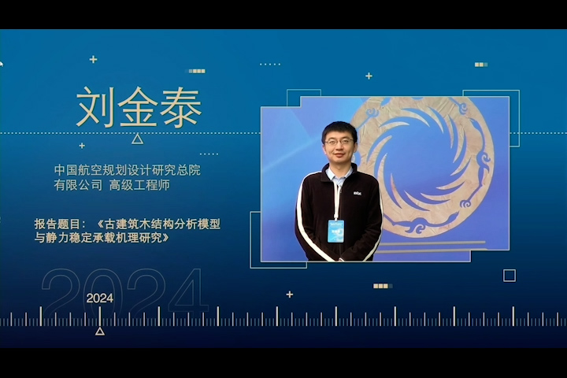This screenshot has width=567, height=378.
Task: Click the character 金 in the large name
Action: coord(138,107)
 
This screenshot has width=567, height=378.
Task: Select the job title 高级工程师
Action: coord(139,185)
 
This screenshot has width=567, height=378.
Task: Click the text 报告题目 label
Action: coord(57,224)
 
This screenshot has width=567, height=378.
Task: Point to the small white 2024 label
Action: coord(100,298)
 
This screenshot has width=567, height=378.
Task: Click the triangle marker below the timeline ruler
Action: coord(100,331)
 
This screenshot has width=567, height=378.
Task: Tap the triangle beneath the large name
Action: coord(137,139)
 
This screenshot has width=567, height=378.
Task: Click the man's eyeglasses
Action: coord(339,142)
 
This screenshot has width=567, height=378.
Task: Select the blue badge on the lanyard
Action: coord(336,231)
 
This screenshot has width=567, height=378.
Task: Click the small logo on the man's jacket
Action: coord(358,194)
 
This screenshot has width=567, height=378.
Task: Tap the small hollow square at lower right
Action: coord(510,276)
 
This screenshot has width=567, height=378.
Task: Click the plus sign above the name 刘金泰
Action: coord(93,59)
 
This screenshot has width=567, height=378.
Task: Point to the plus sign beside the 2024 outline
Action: coord(290,295)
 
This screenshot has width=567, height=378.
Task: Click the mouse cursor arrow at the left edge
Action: coord(1,64)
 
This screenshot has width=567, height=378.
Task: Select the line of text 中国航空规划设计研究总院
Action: coord(128,170)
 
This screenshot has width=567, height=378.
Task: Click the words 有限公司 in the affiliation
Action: coord(79,185)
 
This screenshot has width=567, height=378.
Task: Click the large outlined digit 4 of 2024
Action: coord(188,291)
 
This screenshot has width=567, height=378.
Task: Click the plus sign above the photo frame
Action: coord(369,76)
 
